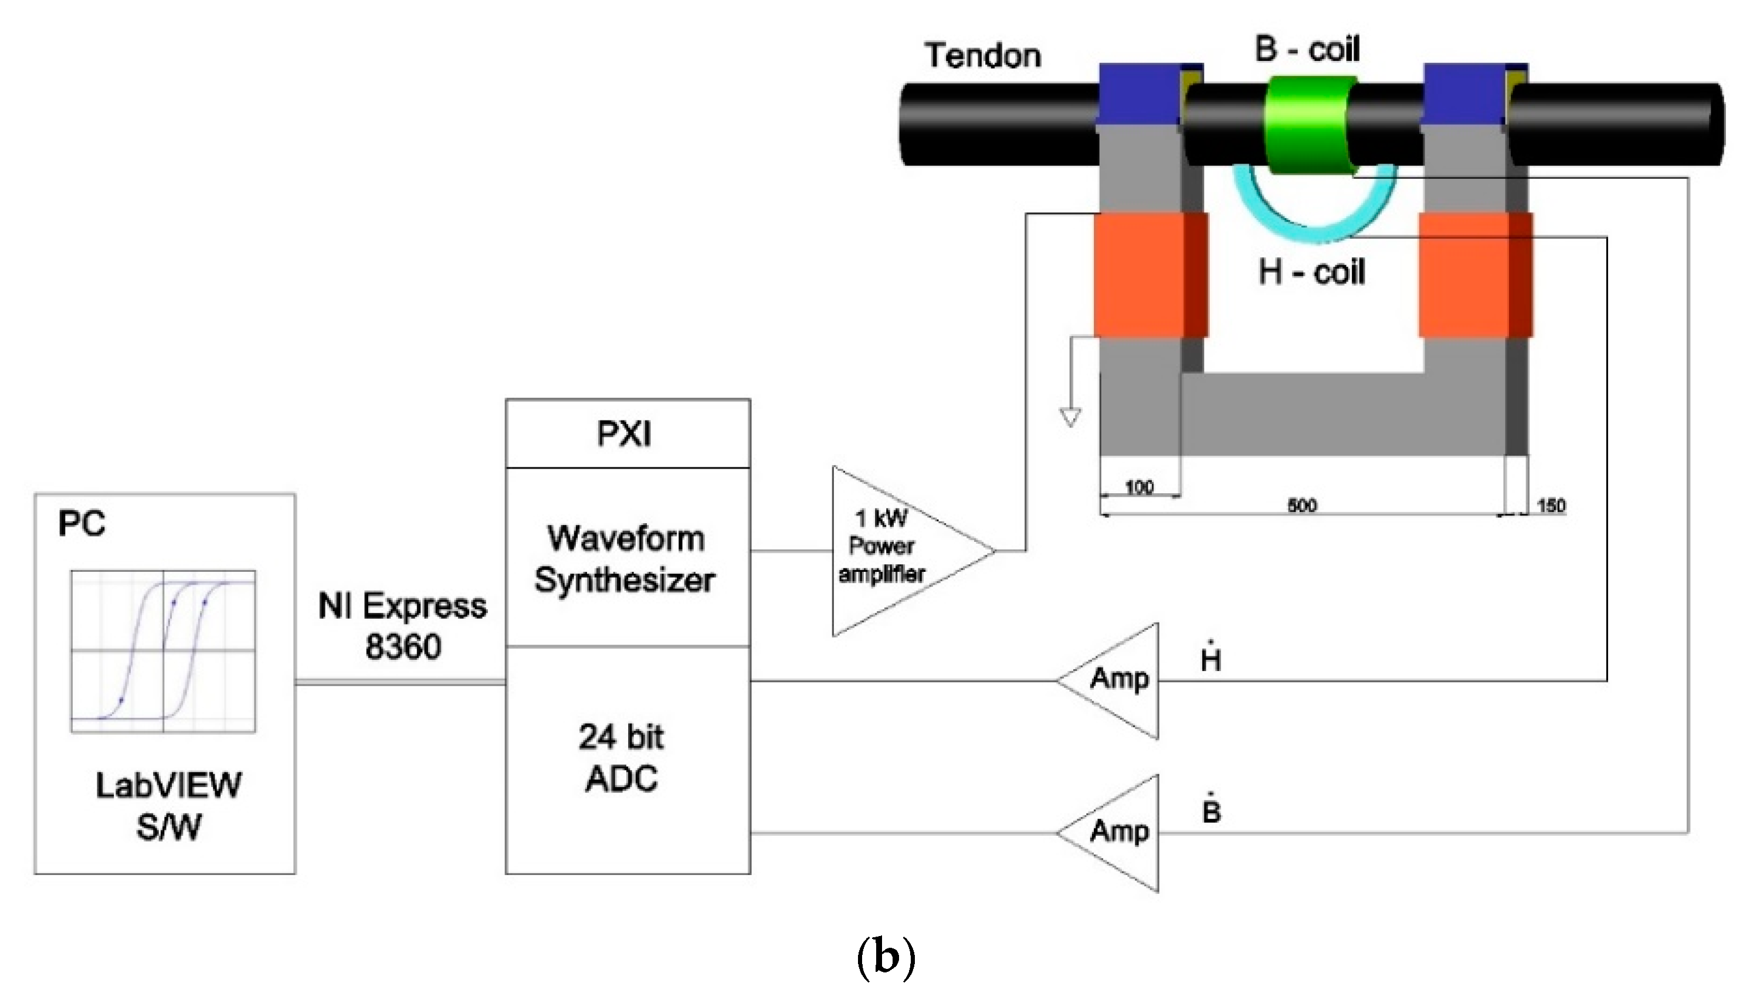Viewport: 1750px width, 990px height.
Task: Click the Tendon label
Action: point(982,55)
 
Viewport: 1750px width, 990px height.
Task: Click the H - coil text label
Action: point(1311,272)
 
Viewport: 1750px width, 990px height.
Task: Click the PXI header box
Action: point(628,433)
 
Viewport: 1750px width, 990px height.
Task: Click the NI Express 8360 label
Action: point(402,626)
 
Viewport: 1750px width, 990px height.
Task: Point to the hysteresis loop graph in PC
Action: point(163,650)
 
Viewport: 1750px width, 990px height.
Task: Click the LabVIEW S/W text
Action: point(168,806)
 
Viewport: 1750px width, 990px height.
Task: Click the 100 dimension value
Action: point(1139,487)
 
